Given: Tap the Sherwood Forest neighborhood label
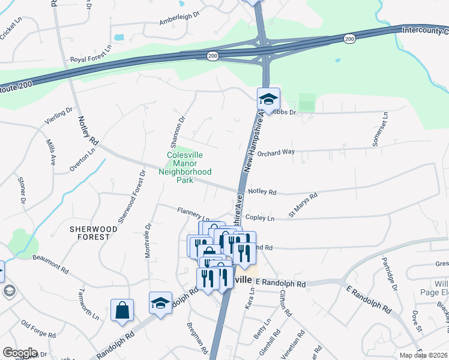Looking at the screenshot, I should click(x=90, y=233).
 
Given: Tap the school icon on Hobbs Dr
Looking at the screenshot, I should click(x=268, y=98).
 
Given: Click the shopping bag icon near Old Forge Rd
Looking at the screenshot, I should click(x=122, y=310).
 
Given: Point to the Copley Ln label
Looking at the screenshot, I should click(x=259, y=218).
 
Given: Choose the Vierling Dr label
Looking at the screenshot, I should click(x=58, y=116).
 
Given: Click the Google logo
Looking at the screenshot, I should click(x=20, y=353).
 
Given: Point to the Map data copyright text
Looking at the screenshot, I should click(x=423, y=355).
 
